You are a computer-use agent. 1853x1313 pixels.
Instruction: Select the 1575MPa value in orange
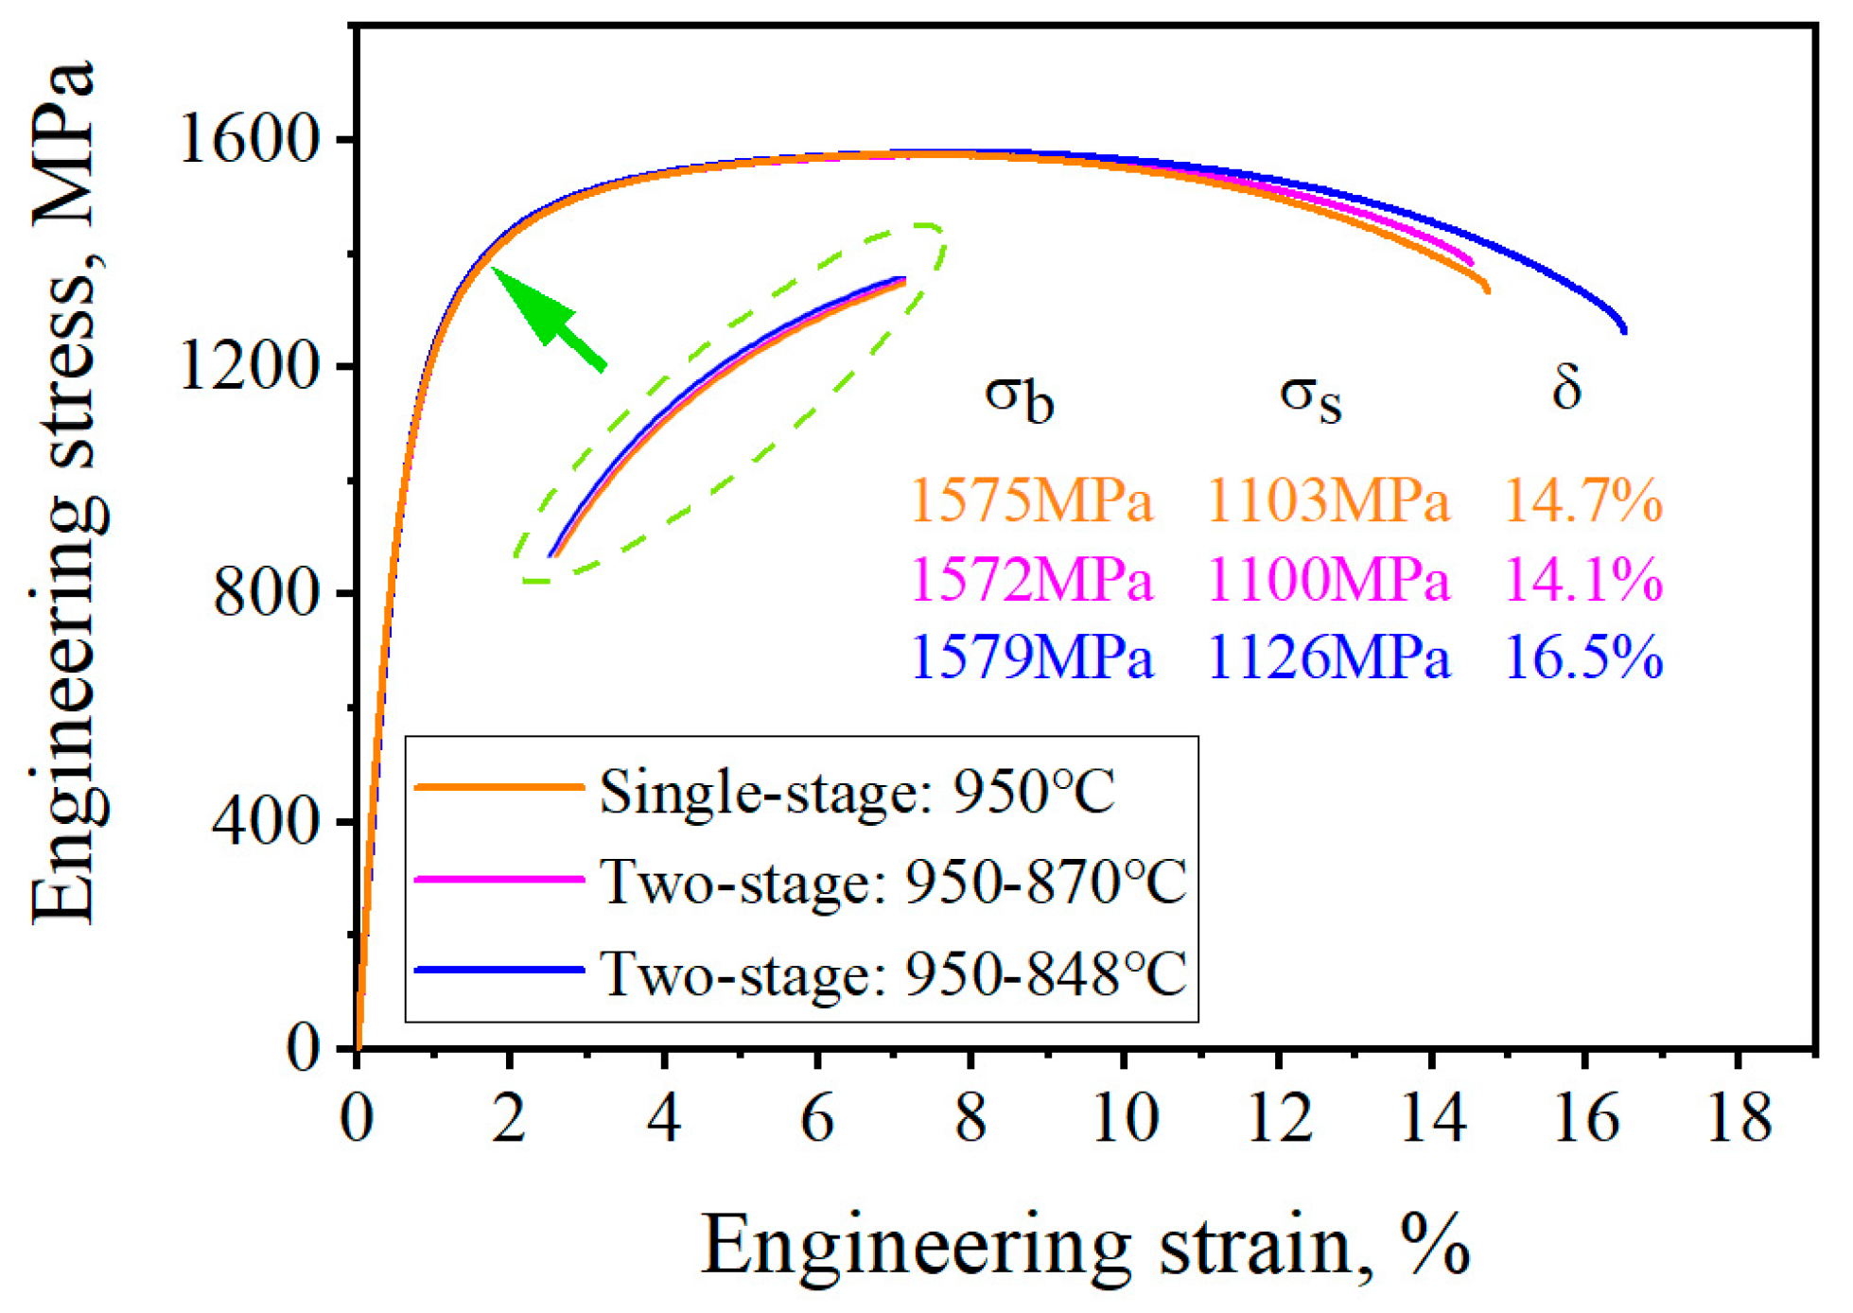coord(1031,500)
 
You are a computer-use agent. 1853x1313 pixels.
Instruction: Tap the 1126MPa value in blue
coord(1328,657)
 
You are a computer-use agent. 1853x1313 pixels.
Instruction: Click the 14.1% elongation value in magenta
coord(1582,579)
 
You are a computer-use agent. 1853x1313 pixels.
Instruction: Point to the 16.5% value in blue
coord(1582,657)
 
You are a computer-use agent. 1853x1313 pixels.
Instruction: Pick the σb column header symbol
coord(1019,397)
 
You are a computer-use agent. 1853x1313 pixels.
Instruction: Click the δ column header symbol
coord(1566,388)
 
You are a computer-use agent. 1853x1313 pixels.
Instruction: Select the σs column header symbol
coord(1310,397)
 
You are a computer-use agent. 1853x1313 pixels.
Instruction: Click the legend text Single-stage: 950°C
coord(857,792)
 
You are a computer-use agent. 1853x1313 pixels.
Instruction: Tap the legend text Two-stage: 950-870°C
coord(893,883)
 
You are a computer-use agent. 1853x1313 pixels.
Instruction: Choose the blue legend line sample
coord(499,970)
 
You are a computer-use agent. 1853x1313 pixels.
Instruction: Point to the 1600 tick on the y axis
coord(248,140)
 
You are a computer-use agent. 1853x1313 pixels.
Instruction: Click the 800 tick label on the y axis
coord(265,594)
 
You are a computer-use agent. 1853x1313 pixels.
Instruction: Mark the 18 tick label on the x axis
coord(1739,1118)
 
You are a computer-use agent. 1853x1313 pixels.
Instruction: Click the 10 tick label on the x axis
coord(1125,1118)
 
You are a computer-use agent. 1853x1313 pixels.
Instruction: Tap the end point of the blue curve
coord(1624,331)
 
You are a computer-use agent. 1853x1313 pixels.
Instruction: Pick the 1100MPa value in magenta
coord(1328,579)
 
